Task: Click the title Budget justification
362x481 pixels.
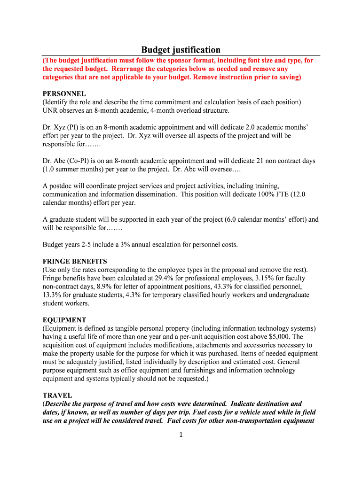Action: [x=181, y=50]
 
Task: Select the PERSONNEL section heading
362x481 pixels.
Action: [x=64, y=94]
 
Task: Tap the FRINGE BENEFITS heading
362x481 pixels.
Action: [x=75, y=261]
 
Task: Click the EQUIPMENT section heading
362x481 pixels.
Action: [x=64, y=320]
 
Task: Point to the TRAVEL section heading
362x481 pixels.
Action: [x=57, y=396]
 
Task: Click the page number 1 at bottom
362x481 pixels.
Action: [x=180, y=434]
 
